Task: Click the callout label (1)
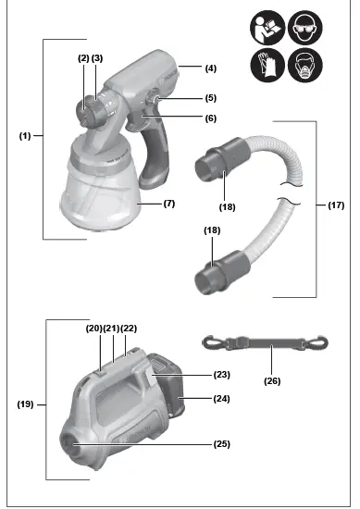(x=26, y=136)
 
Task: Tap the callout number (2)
(x=82, y=58)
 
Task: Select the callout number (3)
(x=97, y=58)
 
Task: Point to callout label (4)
(x=210, y=68)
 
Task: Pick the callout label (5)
(x=210, y=97)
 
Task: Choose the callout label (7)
(x=168, y=202)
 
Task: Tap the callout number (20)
(x=93, y=328)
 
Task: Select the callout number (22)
(x=129, y=328)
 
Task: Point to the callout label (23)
(x=220, y=375)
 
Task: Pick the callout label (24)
(x=220, y=398)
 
